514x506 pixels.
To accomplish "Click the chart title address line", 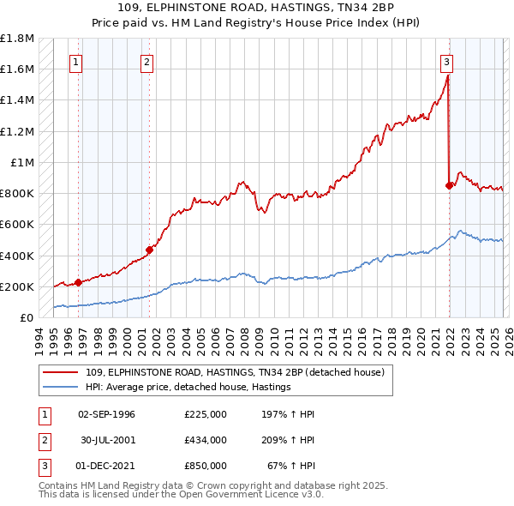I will [257, 9].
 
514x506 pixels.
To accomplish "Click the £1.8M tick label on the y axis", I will [17, 39].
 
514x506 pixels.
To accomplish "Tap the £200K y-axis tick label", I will [17, 286].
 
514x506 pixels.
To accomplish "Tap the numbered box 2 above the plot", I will [147, 62].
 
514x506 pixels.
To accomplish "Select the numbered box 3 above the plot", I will [446, 62].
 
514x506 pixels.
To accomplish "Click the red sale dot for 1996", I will [78, 282].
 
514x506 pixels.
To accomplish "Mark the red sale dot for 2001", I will [149, 250].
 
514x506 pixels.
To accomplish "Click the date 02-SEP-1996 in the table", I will [106, 414].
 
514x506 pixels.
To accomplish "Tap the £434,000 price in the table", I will [205, 440].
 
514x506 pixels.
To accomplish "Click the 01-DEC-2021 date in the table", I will [106, 466].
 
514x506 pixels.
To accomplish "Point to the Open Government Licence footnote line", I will [181, 495].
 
